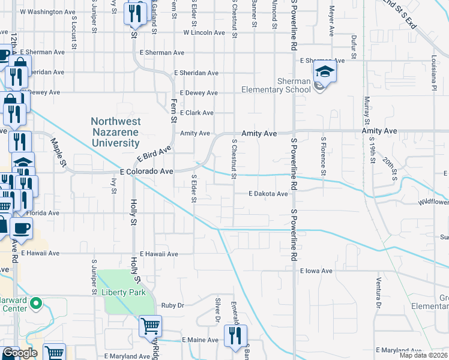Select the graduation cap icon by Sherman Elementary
[x=325, y=72]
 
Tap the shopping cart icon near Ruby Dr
[x=150, y=326]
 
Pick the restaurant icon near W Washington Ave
[x=136, y=13]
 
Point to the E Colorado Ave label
[x=146, y=172]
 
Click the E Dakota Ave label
[x=269, y=194]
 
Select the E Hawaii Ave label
[x=159, y=254]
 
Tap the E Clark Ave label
[x=196, y=113]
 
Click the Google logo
[x=20, y=353]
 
